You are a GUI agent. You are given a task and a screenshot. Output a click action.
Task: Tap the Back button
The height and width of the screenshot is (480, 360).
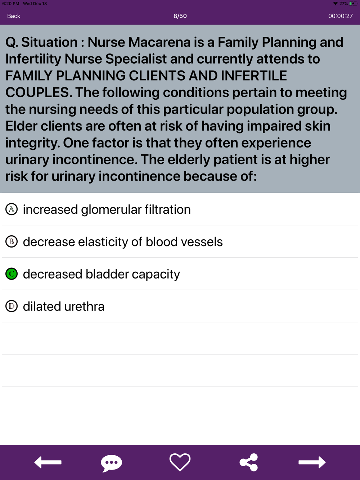[14, 16]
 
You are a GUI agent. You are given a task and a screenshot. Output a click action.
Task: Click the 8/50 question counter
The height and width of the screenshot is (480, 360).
[180, 16]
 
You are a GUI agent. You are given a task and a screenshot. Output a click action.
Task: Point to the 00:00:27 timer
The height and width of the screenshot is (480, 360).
[340, 16]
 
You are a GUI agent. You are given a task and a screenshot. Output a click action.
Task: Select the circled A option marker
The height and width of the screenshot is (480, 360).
[12, 209]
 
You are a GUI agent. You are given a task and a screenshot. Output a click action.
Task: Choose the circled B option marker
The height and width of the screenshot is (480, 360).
[12, 242]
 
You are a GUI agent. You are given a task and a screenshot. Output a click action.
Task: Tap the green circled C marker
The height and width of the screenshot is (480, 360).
[12, 274]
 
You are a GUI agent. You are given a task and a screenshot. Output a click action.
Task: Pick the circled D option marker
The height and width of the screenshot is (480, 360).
[12, 306]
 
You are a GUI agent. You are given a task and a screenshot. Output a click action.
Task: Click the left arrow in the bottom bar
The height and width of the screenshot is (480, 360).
[48, 462]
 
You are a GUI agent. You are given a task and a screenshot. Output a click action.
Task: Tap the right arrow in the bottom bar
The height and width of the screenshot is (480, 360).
[312, 462]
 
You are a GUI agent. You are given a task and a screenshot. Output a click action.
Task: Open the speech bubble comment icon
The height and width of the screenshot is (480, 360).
[111, 463]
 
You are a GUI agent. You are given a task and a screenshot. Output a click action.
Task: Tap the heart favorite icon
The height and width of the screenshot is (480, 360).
[180, 462]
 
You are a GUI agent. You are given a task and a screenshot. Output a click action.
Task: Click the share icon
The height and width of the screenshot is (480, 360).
[249, 462]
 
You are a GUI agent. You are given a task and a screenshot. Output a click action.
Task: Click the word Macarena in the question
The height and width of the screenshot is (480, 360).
[159, 42]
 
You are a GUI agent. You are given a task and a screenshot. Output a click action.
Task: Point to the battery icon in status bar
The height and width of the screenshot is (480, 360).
[353, 4]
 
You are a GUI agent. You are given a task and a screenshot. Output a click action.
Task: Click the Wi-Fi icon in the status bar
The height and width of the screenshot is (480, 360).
[335, 4]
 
